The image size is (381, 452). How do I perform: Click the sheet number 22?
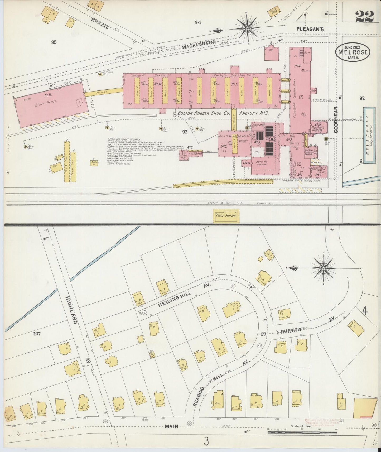[x=365, y=16]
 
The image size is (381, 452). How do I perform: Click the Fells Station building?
[x=226, y=215]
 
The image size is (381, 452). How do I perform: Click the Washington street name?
[x=199, y=44]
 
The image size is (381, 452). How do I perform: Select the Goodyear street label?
[x=336, y=116]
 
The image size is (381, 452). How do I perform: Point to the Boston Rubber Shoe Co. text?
[x=204, y=113]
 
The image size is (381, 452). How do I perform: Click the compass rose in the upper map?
[x=247, y=28]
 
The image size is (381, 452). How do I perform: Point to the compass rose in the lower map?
[x=323, y=268]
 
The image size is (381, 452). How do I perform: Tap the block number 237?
[x=37, y=334]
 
